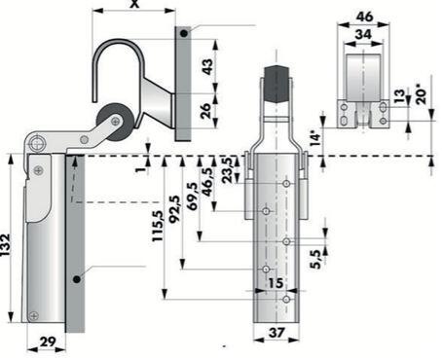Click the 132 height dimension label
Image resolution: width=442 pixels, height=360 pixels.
[x=6, y=245]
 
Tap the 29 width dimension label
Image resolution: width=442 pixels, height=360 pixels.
[x=47, y=342]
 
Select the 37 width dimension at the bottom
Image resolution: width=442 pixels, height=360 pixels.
[x=276, y=332]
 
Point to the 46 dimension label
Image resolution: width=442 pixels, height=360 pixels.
[x=364, y=17]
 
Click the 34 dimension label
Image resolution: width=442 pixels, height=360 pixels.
[x=363, y=34]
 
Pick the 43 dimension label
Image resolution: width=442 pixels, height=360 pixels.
[x=207, y=66]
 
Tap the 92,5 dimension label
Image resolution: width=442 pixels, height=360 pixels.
[x=175, y=209]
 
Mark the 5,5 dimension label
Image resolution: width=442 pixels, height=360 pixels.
[x=315, y=260]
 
